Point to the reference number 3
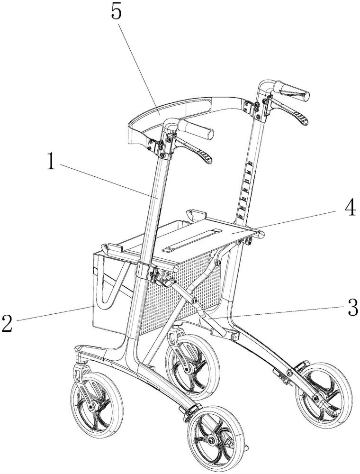(x=351, y=308)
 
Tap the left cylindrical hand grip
(x=195, y=128)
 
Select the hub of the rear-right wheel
(x=316, y=399)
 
